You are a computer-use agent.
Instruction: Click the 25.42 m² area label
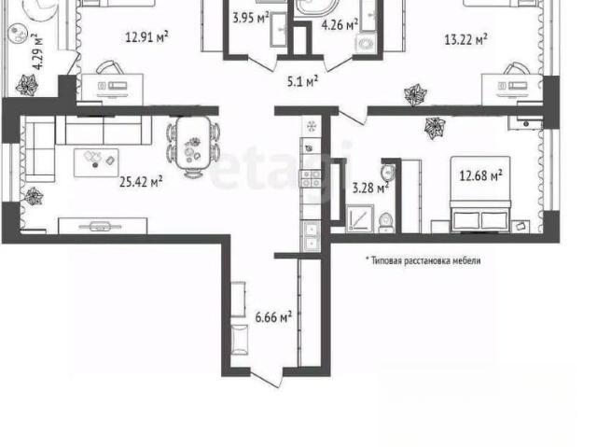tap(141, 181)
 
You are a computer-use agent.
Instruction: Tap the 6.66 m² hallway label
tap(273, 316)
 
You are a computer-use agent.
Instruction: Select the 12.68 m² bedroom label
tap(481, 175)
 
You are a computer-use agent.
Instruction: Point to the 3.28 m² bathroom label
tap(370, 188)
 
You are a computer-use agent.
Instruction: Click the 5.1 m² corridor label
tap(302, 81)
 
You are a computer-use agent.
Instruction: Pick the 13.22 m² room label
tap(466, 39)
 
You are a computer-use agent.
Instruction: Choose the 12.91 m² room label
tap(147, 37)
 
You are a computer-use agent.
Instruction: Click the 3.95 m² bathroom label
tap(251, 18)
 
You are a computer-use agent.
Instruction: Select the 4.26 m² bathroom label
tap(340, 25)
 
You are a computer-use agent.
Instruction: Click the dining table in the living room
tap(193, 143)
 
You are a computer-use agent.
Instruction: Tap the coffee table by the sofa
tap(96, 162)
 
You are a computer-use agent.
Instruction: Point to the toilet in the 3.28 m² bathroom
tap(386, 222)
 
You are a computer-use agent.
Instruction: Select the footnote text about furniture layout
tap(423, 260)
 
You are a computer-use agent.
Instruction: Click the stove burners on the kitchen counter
tap(311, 178)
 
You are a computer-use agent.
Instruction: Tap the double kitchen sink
tap(311, 236)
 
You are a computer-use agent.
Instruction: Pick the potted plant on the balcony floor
tap(27, 85)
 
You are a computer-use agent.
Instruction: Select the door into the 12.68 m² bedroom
tap(353, 116)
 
